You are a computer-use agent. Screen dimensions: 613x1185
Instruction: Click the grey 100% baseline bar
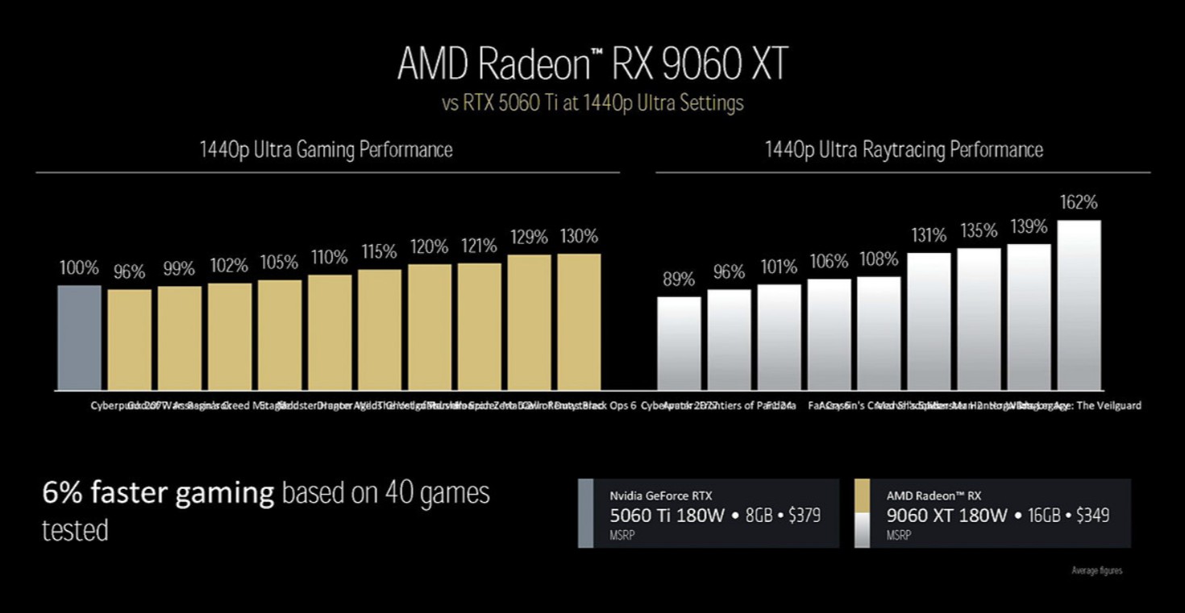[79, 338]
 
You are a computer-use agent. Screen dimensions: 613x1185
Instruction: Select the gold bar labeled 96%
[129, 340]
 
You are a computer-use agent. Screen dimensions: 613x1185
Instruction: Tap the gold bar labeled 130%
[579, 322]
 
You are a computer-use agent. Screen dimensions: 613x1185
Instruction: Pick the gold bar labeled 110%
[330, 333]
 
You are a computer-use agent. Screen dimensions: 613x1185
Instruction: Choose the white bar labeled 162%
[1079, 305]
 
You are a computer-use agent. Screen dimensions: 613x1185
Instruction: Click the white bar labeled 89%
[679, 343]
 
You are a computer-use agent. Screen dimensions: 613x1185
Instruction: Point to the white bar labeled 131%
[929, 321]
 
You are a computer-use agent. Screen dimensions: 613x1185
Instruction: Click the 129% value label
[529, 238]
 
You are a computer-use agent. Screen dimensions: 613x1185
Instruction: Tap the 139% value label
[1029, 226]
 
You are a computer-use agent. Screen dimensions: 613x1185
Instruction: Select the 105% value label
[279, 263]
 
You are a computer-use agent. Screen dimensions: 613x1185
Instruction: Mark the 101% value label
[779, 267]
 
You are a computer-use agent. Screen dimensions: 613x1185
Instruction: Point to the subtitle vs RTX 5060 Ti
[592, 104]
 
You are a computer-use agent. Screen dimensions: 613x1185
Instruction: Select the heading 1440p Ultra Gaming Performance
[326, 150]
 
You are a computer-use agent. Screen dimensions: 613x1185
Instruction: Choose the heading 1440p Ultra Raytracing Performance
[904, 150]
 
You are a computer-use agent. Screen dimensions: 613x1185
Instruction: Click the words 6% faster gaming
[158, 492]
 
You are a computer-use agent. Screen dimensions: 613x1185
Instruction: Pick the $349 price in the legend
[1093, 516]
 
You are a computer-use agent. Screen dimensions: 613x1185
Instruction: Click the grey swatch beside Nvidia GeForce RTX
[585, 513]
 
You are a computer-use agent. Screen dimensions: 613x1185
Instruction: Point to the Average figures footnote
[1096, 571]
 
